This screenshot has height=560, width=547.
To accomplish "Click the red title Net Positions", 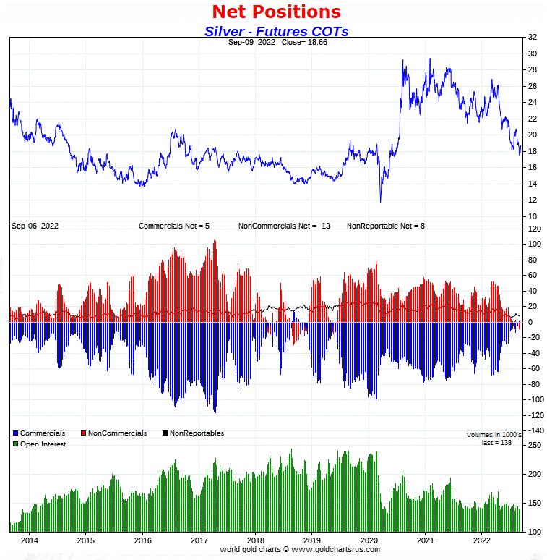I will pyautogui.click(x=276, y=12).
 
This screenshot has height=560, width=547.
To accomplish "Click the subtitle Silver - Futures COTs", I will pyautogui.click(x=276, y=31).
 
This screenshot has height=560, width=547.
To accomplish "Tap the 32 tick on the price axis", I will pyautogui.click(x=532, y=37).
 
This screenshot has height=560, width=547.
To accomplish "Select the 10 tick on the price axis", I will pyautogui.click(x=532, y=216).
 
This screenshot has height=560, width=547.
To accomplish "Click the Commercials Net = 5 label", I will pyautogui.click(x=173, y=226).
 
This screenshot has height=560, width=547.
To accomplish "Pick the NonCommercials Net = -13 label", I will pyautogui.click(x=284, y=226).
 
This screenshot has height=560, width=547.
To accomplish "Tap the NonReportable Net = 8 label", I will pyautogui.click(x=386, y=226).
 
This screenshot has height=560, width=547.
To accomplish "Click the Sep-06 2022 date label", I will pyautogui.click(x=35, y=226).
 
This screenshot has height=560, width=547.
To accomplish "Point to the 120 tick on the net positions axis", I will pyautogui.click(x=535, y=229).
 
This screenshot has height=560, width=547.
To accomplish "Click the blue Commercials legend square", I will pyautogui.click(x=14, y=433).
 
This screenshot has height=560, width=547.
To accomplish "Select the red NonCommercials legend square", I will pyautogui.click(x=84, y=433).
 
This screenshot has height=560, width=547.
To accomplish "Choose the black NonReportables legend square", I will pyautogui.click(x=165, y=433).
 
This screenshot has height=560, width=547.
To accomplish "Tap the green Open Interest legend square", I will pyautogui.click(x=14, y=444).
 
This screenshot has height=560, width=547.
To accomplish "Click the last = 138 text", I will pyautogui.click(x=496, y=442).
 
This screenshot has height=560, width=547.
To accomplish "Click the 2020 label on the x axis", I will pyautogui.click(x=369, y=540).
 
